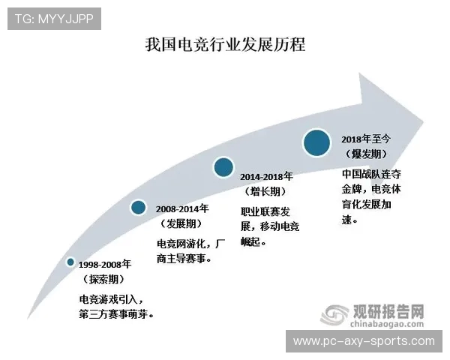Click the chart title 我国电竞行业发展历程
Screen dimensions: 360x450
225,44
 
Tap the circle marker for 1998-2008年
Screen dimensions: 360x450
70,262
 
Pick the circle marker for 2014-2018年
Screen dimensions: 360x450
223,167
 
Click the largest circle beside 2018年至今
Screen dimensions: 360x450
317,142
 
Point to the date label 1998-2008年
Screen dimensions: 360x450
105,264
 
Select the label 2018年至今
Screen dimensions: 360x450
367,139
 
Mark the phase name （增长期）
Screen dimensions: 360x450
267,192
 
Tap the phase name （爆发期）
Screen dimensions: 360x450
367,154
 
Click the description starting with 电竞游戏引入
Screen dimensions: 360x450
117,307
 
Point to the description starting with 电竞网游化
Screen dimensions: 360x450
190,251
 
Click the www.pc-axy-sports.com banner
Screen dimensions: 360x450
363,341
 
